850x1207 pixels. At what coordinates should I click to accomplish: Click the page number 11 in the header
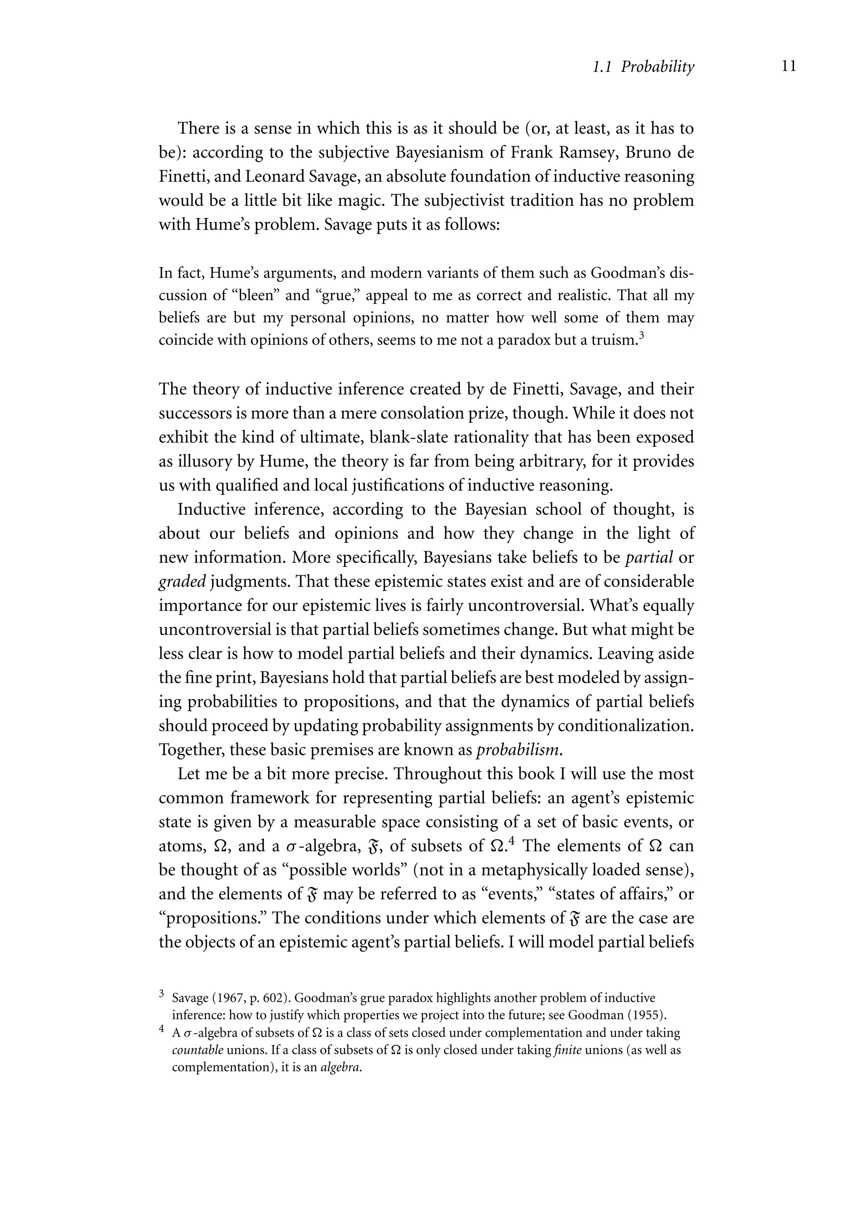coord(789,66)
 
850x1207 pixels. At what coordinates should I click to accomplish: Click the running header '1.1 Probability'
coord(643,67)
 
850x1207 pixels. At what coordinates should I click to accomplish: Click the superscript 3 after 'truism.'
coord(641,335)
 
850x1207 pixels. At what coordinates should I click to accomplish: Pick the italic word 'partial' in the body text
coord(649,558)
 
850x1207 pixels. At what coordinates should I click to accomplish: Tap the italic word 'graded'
coord(182,582)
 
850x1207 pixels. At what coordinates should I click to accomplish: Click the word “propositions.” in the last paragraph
coord(212,919)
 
